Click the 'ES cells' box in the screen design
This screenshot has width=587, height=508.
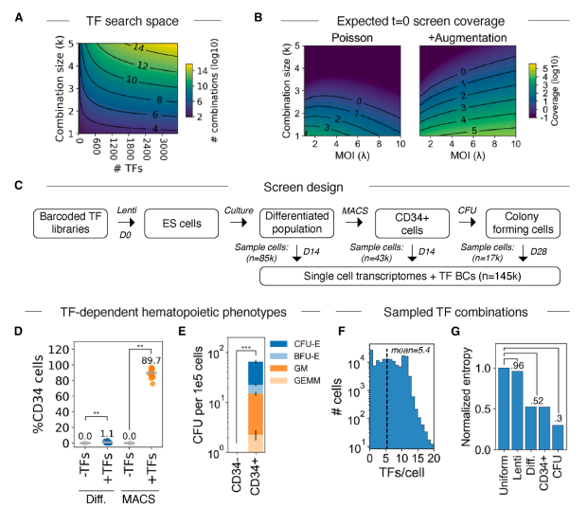pos(181,224)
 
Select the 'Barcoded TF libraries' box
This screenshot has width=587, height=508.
pos(70,224)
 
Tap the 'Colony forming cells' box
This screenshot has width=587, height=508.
pos(523,224)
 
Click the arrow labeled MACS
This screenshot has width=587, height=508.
pos(354,223)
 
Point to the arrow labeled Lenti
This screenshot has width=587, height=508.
pos(126,223)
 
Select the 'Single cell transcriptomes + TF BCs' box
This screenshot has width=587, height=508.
pos(410,276)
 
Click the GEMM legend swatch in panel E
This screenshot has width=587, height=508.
pos(278,381)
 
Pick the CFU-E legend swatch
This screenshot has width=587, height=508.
pos(278,343)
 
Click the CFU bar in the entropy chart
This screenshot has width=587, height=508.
pos(558,437)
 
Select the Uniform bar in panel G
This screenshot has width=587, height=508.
pos(504,408)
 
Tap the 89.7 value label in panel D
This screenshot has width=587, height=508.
pos(151,361)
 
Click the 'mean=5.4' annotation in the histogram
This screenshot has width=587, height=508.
pos(410,351)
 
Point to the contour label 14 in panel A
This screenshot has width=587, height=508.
pos(138,47)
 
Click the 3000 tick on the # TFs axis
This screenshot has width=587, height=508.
pos(163,149)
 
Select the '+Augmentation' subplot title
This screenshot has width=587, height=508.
pos(467,38)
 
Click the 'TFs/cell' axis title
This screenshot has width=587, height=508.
pos(401,472)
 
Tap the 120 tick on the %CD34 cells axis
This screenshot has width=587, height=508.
pos(59,350)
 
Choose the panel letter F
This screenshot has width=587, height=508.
pos(341,332)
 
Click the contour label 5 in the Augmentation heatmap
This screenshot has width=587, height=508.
pos(474,131)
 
